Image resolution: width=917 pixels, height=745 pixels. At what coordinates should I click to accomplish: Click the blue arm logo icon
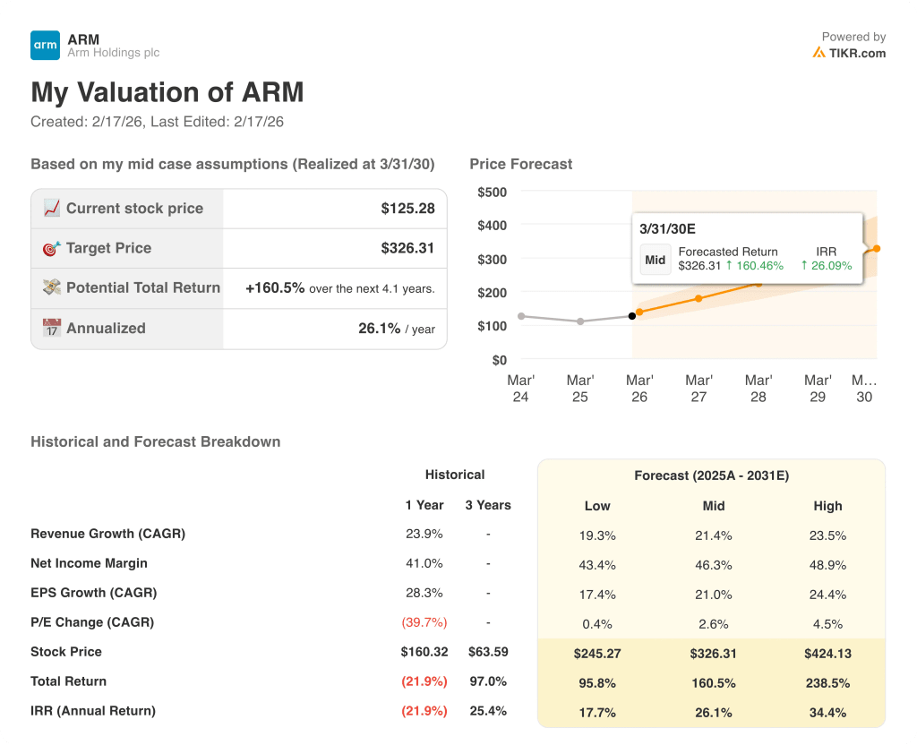45,45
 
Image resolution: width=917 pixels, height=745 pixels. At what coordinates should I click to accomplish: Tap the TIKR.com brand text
856,53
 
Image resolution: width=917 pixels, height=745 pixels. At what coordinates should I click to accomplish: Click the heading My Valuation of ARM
167,92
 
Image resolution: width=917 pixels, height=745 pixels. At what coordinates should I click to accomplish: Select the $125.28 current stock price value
407,209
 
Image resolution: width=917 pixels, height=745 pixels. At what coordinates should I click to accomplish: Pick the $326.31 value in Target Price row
407,248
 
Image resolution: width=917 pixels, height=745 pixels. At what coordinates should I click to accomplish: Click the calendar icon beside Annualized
52,328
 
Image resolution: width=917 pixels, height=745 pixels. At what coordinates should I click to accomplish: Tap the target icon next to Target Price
52,248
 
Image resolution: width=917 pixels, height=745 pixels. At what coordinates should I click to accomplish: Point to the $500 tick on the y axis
492,192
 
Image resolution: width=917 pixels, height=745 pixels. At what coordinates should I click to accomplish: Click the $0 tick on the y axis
498,360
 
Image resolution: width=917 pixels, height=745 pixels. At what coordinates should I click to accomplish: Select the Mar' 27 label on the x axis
698,388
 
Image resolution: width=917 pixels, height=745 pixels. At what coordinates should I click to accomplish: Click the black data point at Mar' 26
632,315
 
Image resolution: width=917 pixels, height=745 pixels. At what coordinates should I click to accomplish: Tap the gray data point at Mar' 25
580,321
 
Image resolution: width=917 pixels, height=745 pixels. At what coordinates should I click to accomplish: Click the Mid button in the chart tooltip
656,260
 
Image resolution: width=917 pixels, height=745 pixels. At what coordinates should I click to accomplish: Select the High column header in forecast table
827,506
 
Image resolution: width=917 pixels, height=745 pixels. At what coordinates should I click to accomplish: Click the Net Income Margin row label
89,563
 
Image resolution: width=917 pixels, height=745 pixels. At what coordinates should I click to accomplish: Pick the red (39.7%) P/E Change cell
425,622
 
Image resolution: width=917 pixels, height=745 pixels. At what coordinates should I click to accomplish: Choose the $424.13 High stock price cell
827,654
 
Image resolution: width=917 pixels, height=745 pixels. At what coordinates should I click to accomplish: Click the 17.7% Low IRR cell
597,713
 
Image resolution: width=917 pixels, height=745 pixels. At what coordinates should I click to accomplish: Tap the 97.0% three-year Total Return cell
488,681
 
